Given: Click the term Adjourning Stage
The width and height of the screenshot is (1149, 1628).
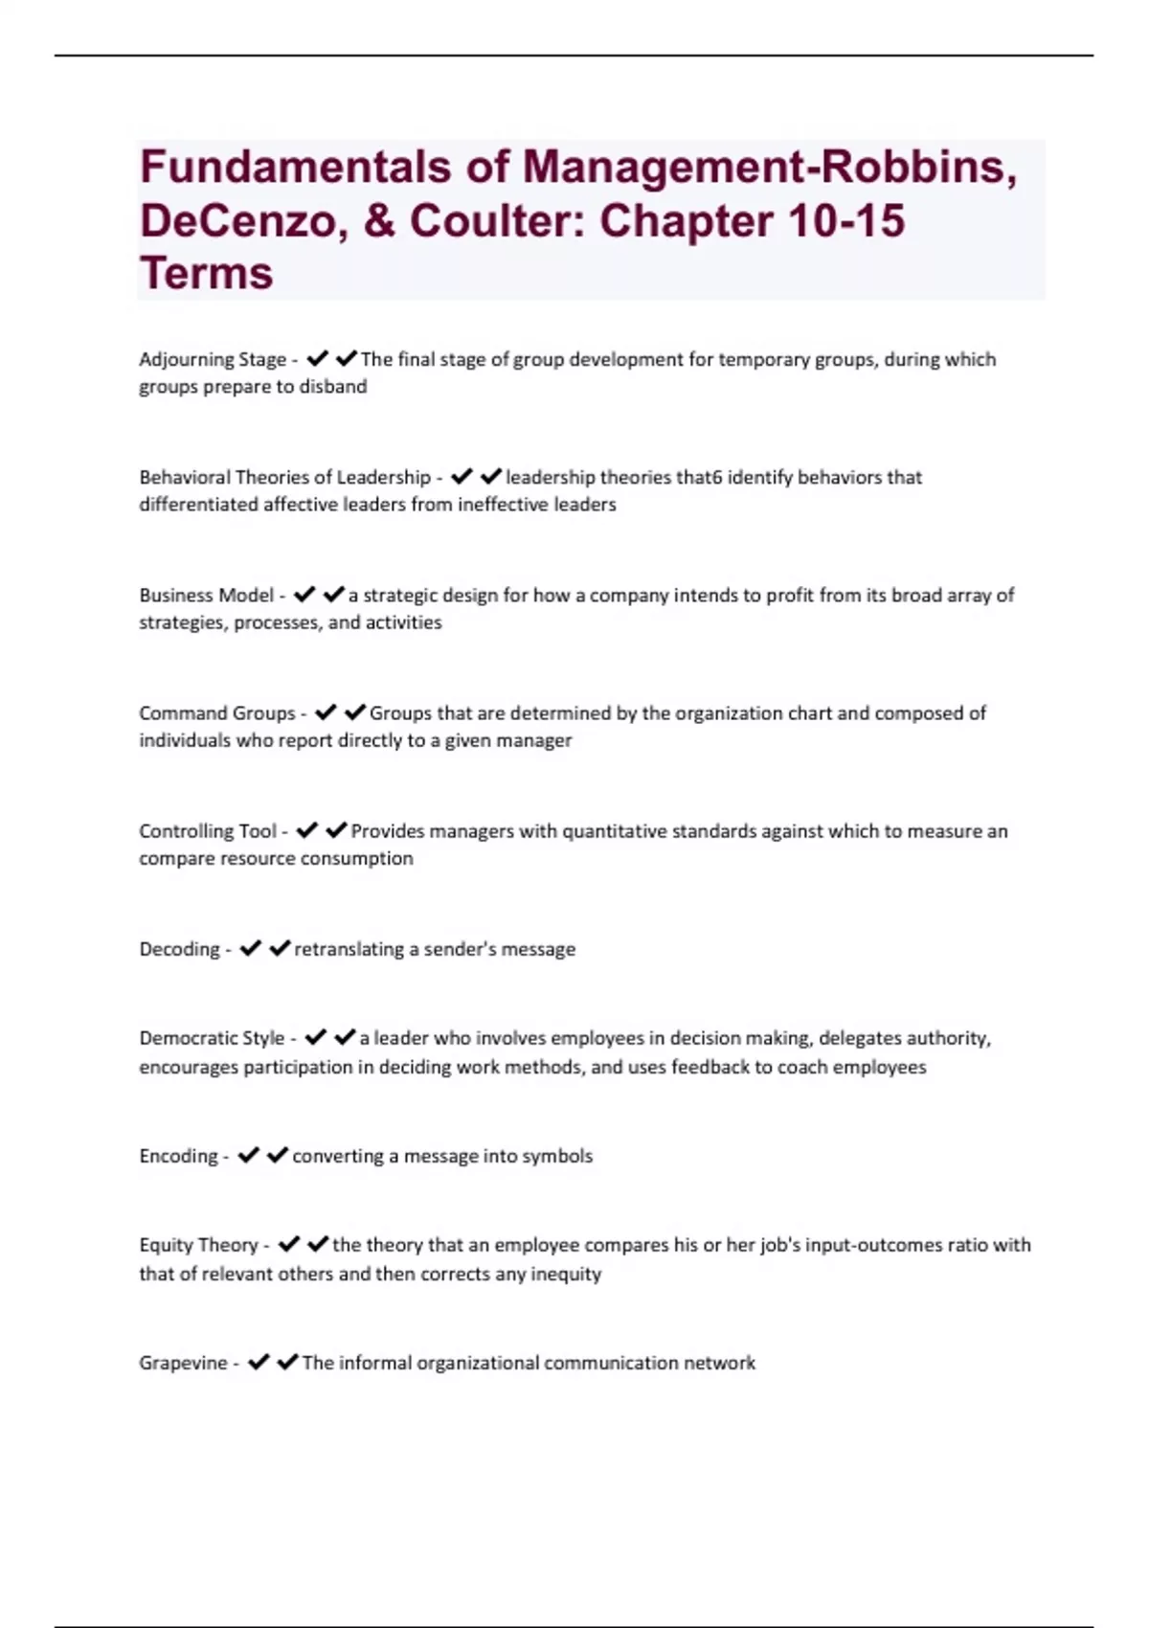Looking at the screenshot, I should pos(213,360).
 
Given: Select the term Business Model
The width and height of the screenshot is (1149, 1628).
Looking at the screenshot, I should pos(207,596).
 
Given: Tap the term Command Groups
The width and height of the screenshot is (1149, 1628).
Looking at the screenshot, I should pos(217,713).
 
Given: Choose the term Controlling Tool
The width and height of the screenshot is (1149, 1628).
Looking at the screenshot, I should pos(208,831).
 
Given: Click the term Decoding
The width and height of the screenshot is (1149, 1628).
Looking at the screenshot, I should pos(180,949).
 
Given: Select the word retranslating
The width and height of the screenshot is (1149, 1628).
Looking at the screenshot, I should pos(349,949).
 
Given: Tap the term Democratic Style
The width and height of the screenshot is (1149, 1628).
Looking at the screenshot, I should pos(213,1038).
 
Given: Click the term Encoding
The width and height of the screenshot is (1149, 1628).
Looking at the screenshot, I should pos(179,1156).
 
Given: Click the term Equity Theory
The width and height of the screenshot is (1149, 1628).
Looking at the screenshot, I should pos(199,1245).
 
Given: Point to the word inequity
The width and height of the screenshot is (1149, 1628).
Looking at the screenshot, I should pos(566,1274).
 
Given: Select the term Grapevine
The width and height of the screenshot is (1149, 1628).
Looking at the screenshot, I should pos(184,1363).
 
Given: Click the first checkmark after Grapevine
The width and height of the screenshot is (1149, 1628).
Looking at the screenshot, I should pos(259,1362).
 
